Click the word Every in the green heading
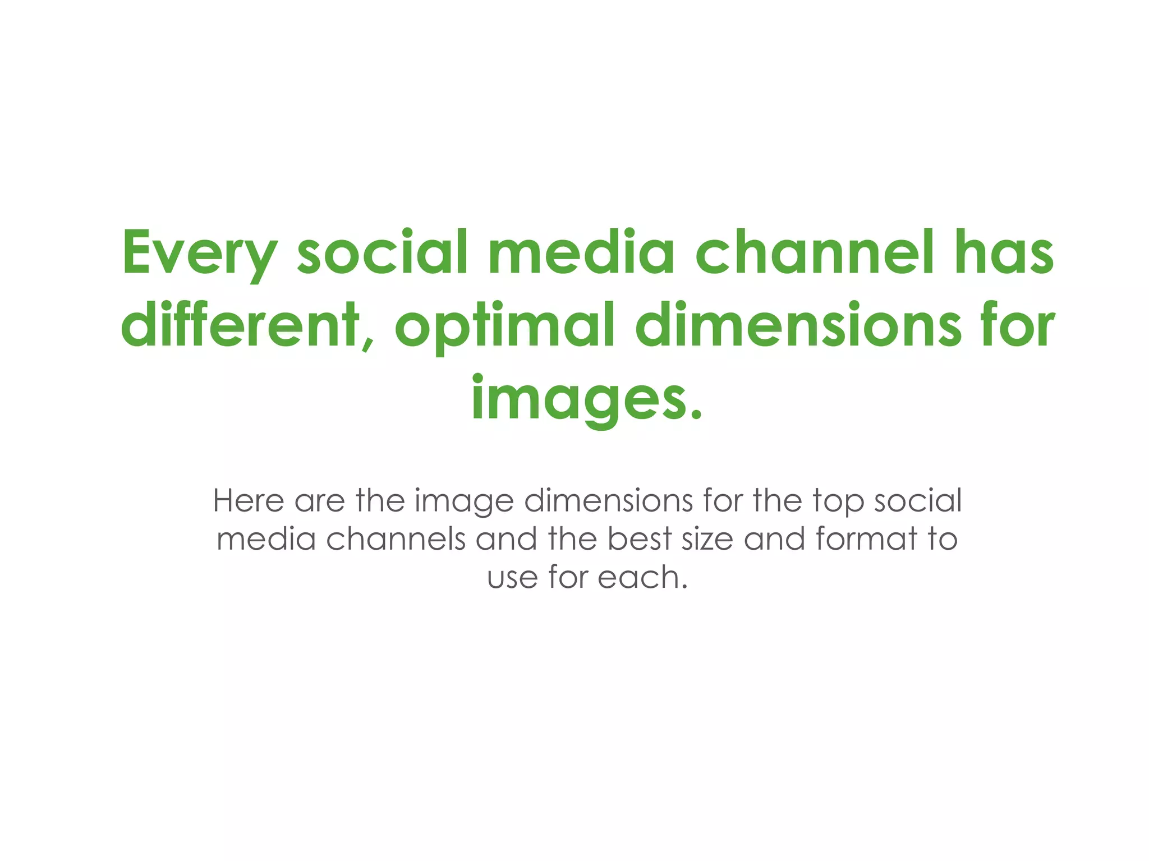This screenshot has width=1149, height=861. click(x=200, y=254)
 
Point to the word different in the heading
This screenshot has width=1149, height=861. click(x=240, y=325)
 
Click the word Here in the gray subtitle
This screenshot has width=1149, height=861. click(x=249, y=500)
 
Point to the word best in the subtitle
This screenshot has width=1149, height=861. click(x=640, y=539)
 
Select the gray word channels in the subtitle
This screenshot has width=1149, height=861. click(x=396, y=539)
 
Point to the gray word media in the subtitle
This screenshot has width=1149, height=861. click(x=266, y=539)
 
